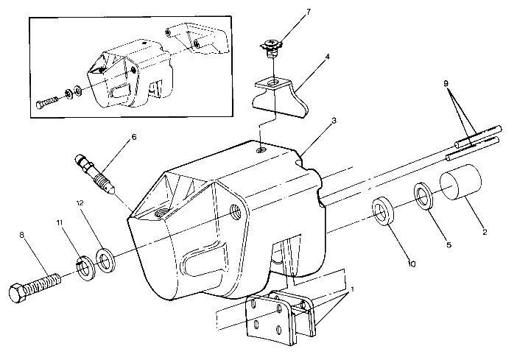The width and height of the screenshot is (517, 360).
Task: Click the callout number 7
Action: pyautogui.click(x=288, y=13)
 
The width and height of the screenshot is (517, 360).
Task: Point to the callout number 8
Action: pyautogui.click(x=21, y=236)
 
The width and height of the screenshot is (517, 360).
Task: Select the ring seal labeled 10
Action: pyautogui.click(x=384, y=211)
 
